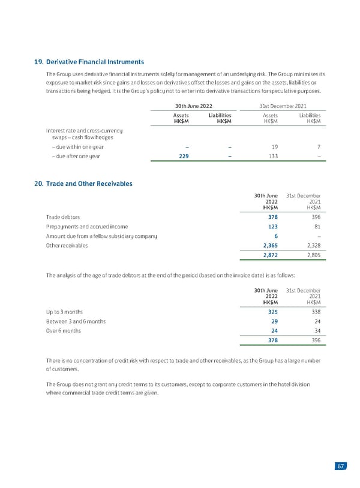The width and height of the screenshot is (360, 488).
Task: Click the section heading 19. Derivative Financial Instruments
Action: (89, 61)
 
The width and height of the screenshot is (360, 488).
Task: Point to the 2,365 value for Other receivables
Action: (267, 246)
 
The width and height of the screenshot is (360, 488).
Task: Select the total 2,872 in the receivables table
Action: (267, 256)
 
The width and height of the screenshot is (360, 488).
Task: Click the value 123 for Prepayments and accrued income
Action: (271, 227)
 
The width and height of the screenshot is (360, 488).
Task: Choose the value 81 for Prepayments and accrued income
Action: (316, 227)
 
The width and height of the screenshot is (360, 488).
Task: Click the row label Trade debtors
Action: (64, 217)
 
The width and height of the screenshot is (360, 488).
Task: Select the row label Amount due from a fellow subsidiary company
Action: (101, 236)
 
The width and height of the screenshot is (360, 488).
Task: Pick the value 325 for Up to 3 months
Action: (271, 312)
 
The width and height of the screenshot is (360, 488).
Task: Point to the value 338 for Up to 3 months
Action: (314, 312)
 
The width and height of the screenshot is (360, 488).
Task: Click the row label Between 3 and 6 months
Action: (76, 321)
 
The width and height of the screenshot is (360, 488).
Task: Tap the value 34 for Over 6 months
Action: (316, 331)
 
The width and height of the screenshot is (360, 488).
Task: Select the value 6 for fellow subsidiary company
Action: (275, 236)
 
